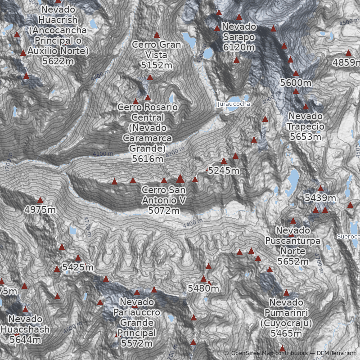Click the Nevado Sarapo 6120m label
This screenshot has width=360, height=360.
tap(238, 37)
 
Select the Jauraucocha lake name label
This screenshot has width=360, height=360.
tap(234, 104)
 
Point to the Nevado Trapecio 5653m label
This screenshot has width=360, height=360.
tap(306, 126)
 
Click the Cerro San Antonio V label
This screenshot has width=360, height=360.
tap(164, 200)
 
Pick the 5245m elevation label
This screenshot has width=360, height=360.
tap(224, 171)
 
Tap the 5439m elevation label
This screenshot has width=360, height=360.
tap(320, 198)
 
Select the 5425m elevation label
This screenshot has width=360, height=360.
tap(78, 268)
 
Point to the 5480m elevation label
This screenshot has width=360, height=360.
tap(203, 288)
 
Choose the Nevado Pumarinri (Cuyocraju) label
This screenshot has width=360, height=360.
tap(286, 318)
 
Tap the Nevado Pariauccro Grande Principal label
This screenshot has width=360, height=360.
tap(137, 323)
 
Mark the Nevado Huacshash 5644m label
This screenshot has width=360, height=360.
tap(25, 329)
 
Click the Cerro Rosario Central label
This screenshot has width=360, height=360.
tap(148, 133)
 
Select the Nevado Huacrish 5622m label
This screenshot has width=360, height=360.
tap(58, 36)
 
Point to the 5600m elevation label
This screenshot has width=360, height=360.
tap(296, 83)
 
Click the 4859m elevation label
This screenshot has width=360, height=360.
tap(346, 63)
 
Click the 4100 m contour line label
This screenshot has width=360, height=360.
tap(103, 154)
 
